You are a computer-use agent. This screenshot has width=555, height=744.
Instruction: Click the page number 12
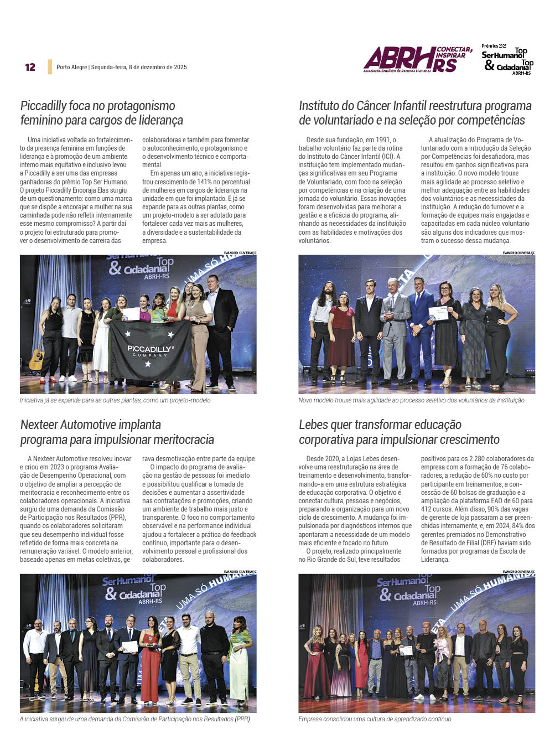coord(30,67)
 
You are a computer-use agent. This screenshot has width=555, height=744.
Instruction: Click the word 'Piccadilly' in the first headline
coord(44,106)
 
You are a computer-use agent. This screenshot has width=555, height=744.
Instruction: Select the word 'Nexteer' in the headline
coord(40,425)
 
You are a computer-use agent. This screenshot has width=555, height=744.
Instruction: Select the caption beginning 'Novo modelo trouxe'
coord(411,400)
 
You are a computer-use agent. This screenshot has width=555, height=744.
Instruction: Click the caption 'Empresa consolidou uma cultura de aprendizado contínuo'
coord(375,719)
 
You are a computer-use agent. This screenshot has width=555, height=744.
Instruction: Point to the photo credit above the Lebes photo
coord(518,571)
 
